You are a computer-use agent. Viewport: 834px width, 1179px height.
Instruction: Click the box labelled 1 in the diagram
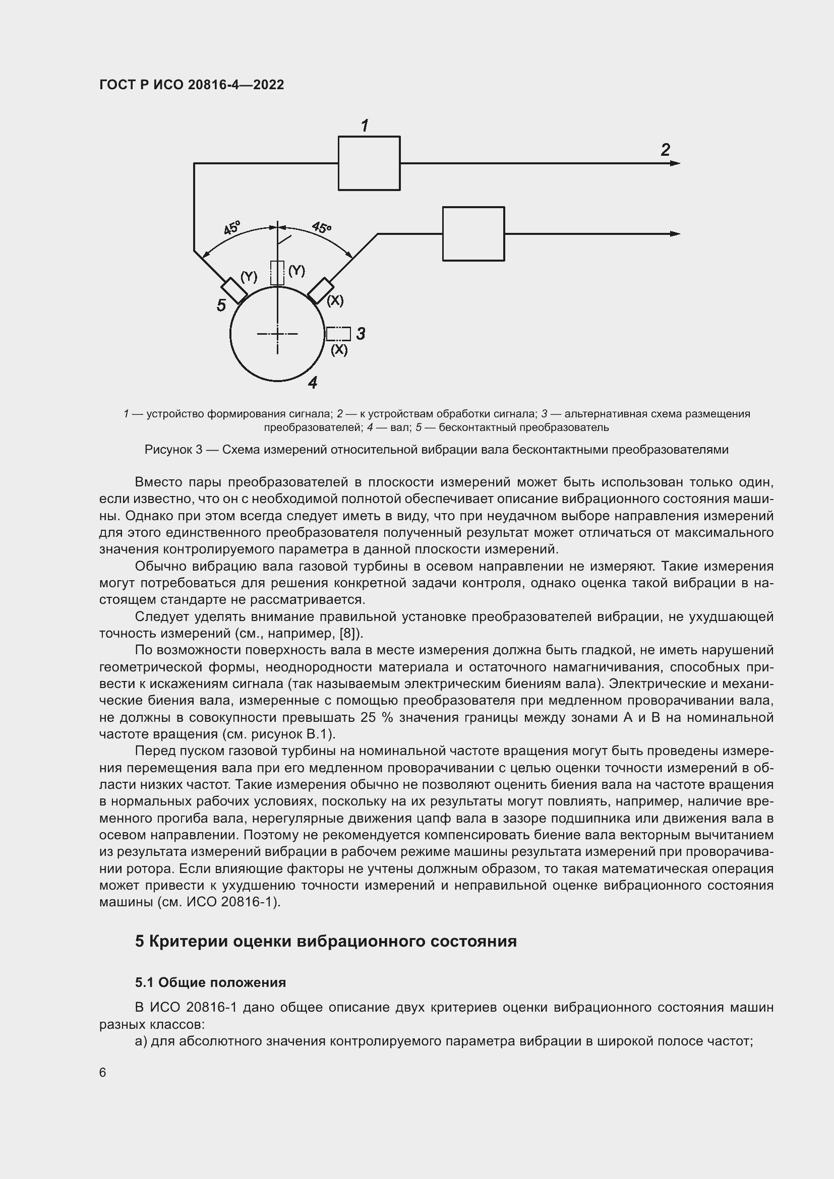point(369,163)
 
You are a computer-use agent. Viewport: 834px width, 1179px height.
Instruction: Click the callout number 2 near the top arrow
point(665,150)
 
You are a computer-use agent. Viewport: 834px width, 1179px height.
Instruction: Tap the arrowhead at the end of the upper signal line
point(675,163)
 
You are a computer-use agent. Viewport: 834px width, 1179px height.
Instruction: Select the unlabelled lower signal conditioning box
point(473,234)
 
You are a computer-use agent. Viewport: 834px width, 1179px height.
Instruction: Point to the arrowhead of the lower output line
point(675,234)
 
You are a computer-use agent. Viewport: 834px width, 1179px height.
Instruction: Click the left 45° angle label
point(232,228)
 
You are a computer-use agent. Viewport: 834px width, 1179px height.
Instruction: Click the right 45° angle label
point(322,227)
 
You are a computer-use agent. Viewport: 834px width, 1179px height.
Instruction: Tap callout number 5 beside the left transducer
point(221,305)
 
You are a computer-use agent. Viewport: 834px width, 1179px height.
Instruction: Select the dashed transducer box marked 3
point(338,334)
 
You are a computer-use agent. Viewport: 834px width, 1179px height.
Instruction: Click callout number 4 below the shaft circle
point(313,383)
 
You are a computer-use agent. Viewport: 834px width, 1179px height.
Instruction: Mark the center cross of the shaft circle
point(277,334)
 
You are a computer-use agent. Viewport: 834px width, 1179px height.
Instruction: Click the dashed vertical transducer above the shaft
point(277,273)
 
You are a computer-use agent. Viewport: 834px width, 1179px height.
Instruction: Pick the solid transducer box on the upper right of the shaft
point(321,291)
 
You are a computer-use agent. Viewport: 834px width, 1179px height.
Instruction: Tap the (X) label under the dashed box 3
point(339,350)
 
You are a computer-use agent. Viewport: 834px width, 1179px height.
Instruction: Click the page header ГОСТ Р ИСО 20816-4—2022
point(192,85)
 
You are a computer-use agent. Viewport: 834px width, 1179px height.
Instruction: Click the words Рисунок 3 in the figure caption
point(173,450)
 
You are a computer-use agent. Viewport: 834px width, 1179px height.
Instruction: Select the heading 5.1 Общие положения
point(211,983)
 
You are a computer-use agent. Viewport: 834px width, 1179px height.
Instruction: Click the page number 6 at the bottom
point(103,1073)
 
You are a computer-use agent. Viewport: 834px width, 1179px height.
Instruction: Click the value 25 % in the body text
point(377,717)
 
